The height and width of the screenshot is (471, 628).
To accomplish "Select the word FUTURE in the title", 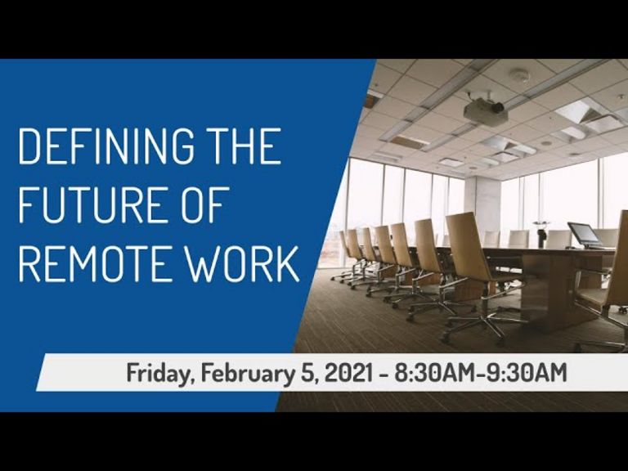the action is pos(91,204).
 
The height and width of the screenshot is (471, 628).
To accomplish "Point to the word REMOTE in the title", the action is pos(92,263).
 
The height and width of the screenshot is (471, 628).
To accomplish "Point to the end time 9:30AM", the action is pos(526,373).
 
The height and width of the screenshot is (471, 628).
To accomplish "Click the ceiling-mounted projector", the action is pos(485,111).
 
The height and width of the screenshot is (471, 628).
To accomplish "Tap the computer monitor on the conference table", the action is pos(585,234).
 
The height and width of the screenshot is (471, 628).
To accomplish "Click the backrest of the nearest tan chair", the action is pos(468,245).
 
